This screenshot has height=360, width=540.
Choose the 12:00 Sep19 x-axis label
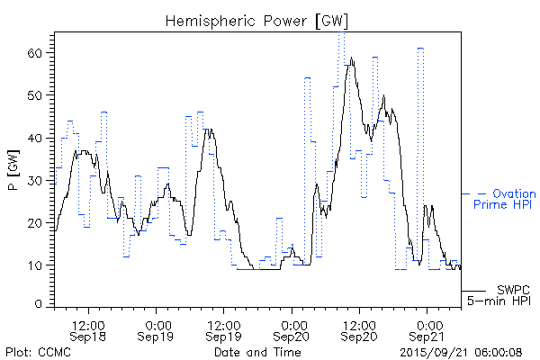tap(223, 329)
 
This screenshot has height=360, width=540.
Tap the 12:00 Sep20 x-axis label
tap(359, 329)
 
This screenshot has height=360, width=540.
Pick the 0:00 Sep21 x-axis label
tap(427, 329)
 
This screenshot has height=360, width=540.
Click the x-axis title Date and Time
tap(257, 351)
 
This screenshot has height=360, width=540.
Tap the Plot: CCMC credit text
tap(35, 351)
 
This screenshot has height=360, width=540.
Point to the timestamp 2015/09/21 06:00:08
tap(460, 351)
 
